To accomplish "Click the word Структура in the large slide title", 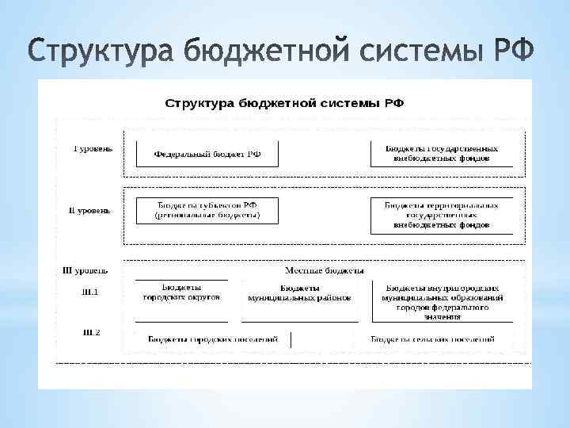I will tap(102, 53).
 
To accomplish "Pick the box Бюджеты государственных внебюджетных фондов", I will tap(441, 153).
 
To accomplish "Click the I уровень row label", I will tap(93, 148).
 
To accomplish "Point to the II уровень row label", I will tap(89, 211).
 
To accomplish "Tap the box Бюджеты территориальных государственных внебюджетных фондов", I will tap(441, 215).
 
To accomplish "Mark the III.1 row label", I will tap(91, 292).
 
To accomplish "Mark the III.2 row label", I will tap(91, 332).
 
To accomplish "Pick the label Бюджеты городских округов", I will tap(181, 292).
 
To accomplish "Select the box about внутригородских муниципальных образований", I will tap(441, 302).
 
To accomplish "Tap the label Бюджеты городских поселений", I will tap(202, 339).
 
